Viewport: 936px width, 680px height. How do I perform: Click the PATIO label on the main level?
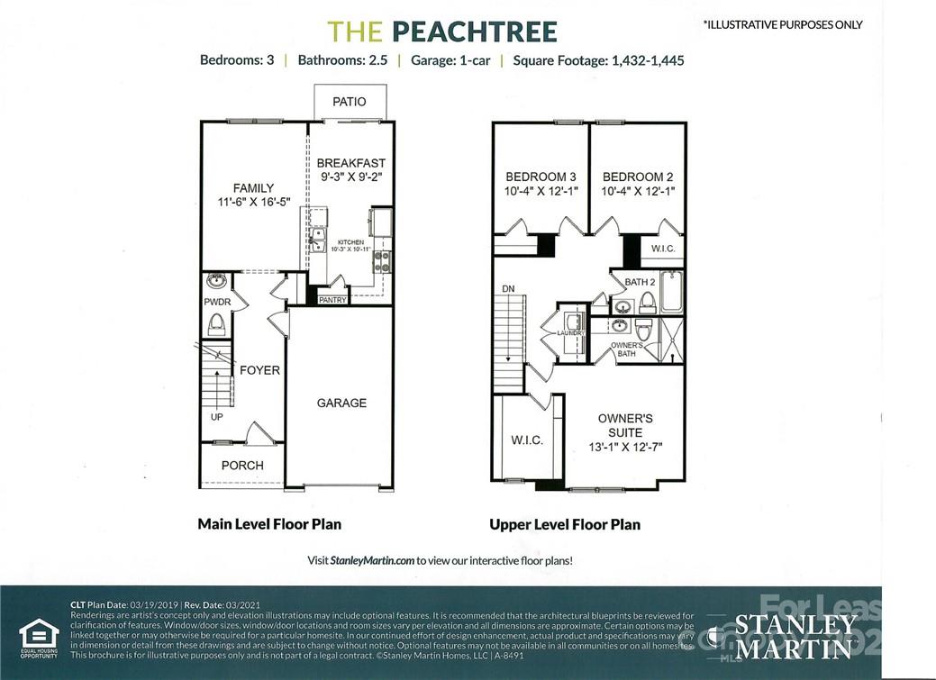click(x=350, y=102)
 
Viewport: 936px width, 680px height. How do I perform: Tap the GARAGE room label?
click(x=341, y=403)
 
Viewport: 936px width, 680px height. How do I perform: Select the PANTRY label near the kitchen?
click(x=332, y=300)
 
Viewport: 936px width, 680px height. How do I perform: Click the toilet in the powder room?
click(x=216, y=323)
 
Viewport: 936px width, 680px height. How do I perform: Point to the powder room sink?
click(x=215, y=280)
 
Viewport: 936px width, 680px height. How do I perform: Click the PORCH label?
click(x=242, y=465)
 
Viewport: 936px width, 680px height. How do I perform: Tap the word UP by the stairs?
click(x=216, y=418)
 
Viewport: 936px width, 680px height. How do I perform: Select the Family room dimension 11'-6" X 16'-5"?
click(x=253, y=203)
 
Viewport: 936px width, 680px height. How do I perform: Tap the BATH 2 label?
click(x=640, y=282)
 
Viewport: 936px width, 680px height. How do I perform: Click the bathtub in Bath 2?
click(x=671, y=292)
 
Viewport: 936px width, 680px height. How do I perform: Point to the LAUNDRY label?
click(x=571, y=333)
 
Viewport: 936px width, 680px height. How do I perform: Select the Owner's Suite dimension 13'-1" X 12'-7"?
click(x=625, y=447)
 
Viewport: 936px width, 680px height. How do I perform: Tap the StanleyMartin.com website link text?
click(x=372, y=559)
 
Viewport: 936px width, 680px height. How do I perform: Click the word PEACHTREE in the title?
click(x=474, y=32)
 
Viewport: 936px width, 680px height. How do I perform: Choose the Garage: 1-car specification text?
click(x=450, y=60)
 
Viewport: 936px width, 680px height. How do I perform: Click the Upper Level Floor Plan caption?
click(x=565, y=524)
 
